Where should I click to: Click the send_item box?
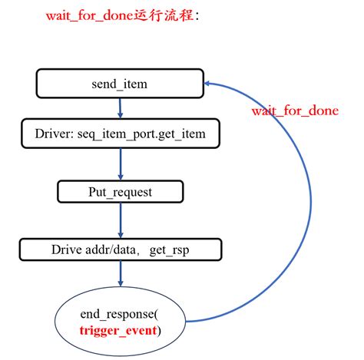pyautogui.click(x=121, y=84)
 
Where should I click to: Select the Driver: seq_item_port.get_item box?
pyautogui.click(x=121, y=134)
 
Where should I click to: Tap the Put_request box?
pyautogui.click(x=121, y=191)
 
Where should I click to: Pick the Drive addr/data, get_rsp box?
pyautogui.click(x=121, y=249)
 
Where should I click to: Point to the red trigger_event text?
pyautogui.click(x=120, y=331)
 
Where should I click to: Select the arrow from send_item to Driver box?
pyautogui.click(x=121, y=108)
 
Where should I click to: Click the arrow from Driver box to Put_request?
pyautogui.click(x=121, y=163)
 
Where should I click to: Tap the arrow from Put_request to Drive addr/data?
pyautogui.click(x=121, y=220)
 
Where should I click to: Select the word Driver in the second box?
pyautogui.click(x=54, y=134)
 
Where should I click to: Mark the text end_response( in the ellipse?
pyautogui.click(x=120, y=315)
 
